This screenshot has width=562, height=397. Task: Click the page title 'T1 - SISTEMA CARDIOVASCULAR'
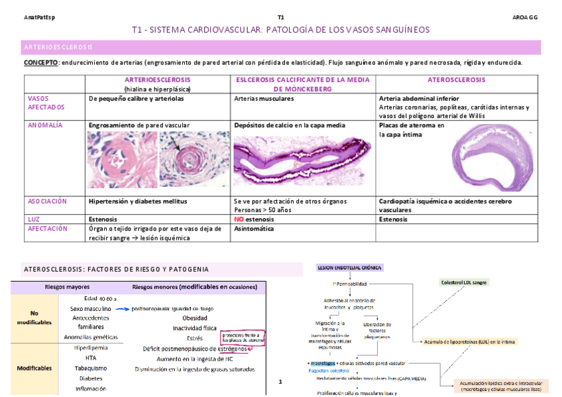[x=280, y=30]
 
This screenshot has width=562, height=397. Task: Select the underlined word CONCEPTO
[x=40, y=63]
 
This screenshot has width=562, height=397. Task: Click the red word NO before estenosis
[x=240, y=218]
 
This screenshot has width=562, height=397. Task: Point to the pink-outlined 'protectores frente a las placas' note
[x=243, y=338]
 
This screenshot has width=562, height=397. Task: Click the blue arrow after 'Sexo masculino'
[x=121, y=308]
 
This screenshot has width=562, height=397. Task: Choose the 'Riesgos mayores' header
[x=68, y=288]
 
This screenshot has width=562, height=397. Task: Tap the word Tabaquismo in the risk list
[x=91, y=368]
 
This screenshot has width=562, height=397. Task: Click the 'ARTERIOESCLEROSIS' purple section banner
[x=58, y=48]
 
